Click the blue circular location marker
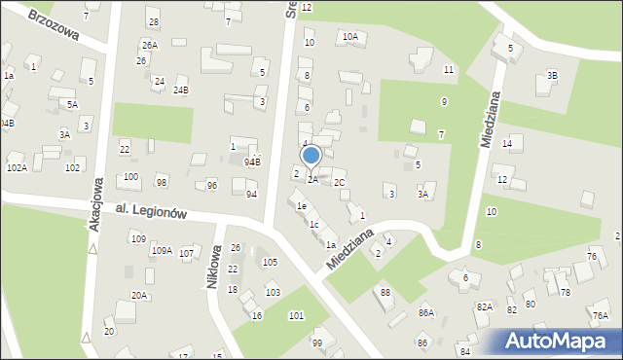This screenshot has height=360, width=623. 311,155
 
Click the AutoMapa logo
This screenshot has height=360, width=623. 560,342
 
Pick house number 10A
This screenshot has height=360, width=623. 349,37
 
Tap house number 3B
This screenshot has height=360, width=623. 552,75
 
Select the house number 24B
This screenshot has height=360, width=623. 180,90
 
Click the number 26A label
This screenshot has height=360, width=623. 148,46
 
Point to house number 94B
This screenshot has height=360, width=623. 252,162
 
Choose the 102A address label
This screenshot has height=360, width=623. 17,167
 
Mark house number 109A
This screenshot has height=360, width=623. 161,251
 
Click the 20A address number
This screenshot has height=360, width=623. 139,296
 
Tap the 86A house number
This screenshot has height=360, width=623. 425,312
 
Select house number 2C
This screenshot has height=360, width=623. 339,182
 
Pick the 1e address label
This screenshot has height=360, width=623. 302,206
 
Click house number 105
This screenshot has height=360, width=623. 270,262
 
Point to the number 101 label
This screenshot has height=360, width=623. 295,315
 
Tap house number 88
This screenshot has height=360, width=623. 385,293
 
